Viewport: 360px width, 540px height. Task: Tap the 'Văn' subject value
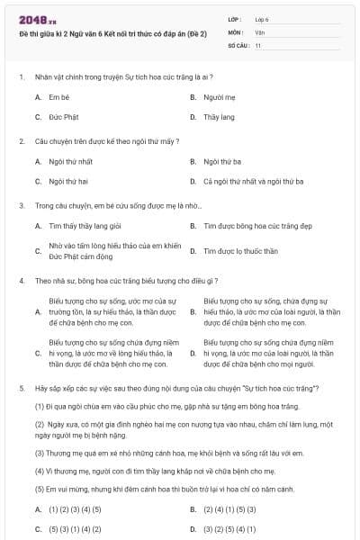tap(259, 31)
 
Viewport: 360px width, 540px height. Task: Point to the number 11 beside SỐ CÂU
tap(258, 44)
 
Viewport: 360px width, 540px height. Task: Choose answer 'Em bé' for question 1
tap(59, 95)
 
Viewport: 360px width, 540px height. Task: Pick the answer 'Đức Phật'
tap(63, 117)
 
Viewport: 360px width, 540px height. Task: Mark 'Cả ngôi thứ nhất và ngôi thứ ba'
tap(253, 182)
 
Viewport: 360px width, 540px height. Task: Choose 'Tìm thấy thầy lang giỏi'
tap(85, 226)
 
